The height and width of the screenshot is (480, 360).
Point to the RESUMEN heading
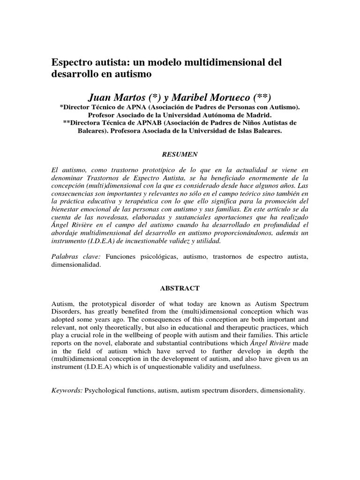click(180, 153)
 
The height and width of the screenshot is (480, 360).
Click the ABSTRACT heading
click(180, 288)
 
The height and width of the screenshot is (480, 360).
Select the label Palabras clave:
click(76, 257)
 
